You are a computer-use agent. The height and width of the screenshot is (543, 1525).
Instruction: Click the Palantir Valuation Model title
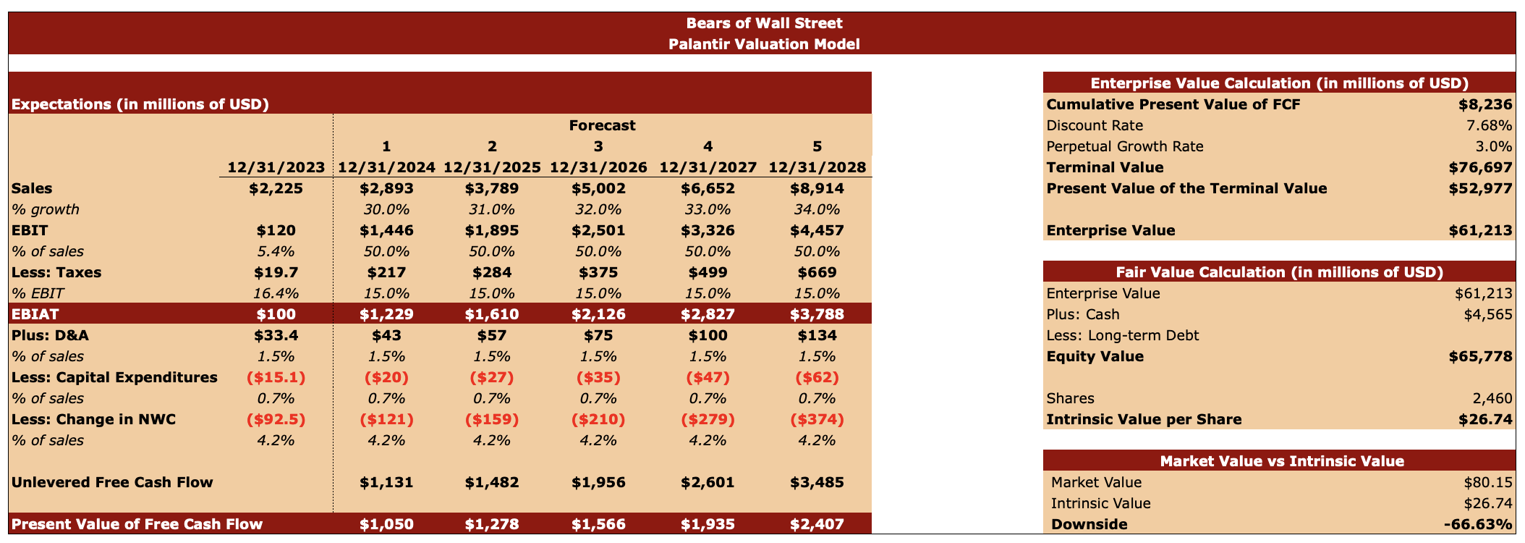point(763,44)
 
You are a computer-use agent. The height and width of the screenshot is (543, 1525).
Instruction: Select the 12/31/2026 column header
point(598,167)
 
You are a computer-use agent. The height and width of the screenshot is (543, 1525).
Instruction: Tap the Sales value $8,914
point(817,188)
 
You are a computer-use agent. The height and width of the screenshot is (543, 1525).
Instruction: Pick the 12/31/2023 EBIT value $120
point(276,230)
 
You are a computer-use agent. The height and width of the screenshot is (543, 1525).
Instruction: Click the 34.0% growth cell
point(817,209)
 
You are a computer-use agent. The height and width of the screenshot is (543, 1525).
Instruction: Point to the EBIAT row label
point(35,314)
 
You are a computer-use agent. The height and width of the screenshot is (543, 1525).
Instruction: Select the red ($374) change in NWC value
point(817,419)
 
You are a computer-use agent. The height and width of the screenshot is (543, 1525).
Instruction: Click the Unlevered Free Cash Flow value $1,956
point(598,482)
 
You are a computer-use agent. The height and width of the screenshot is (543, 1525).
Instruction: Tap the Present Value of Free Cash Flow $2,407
point(817,524)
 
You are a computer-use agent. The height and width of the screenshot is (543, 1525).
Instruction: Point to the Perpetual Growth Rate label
point(1125,146)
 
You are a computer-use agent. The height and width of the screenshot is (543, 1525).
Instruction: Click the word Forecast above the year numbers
point(602,125)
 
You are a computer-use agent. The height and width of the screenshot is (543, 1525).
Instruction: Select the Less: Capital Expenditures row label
point(114,377)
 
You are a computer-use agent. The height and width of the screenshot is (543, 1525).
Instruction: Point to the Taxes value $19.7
point(276,272)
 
